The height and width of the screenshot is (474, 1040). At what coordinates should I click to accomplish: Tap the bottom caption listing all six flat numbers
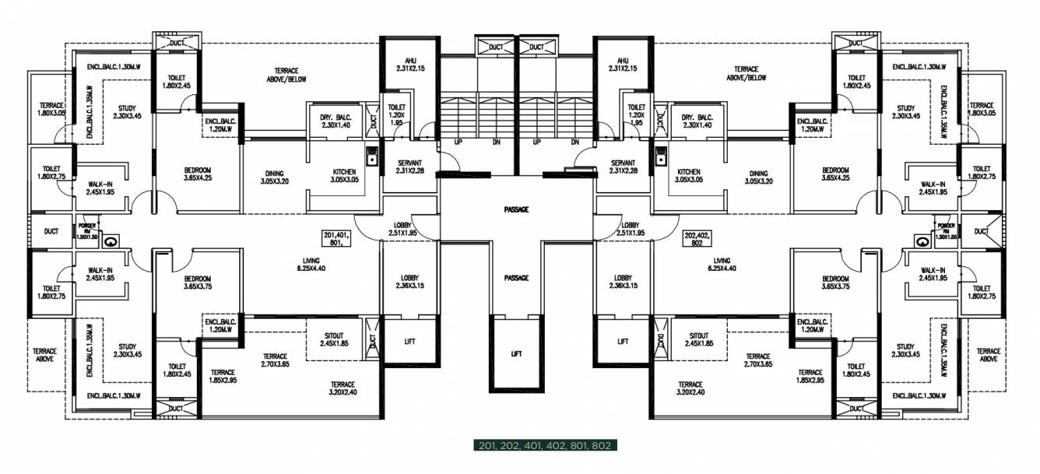coord(544,446)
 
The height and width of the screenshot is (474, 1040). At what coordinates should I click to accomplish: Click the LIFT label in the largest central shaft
coord(515,353)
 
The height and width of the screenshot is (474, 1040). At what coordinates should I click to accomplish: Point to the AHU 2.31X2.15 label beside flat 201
coord(410,65)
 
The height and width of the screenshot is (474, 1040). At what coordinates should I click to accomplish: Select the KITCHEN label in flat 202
coord(689,176)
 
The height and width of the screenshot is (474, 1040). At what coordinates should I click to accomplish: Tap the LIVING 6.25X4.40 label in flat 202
coord(721,265)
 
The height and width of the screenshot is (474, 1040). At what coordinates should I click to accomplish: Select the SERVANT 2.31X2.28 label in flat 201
coord(410,167)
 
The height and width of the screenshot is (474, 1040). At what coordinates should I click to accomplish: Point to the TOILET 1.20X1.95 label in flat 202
coord(636,114)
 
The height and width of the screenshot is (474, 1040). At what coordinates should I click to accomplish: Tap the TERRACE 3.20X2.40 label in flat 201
coord(342,388)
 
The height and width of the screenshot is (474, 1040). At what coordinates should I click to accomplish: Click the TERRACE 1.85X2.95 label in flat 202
coord(810,376)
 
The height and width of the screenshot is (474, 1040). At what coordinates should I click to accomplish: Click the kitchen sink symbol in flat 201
coord(372,155)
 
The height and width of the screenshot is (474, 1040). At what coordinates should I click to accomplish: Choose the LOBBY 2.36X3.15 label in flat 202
coord(622,282)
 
